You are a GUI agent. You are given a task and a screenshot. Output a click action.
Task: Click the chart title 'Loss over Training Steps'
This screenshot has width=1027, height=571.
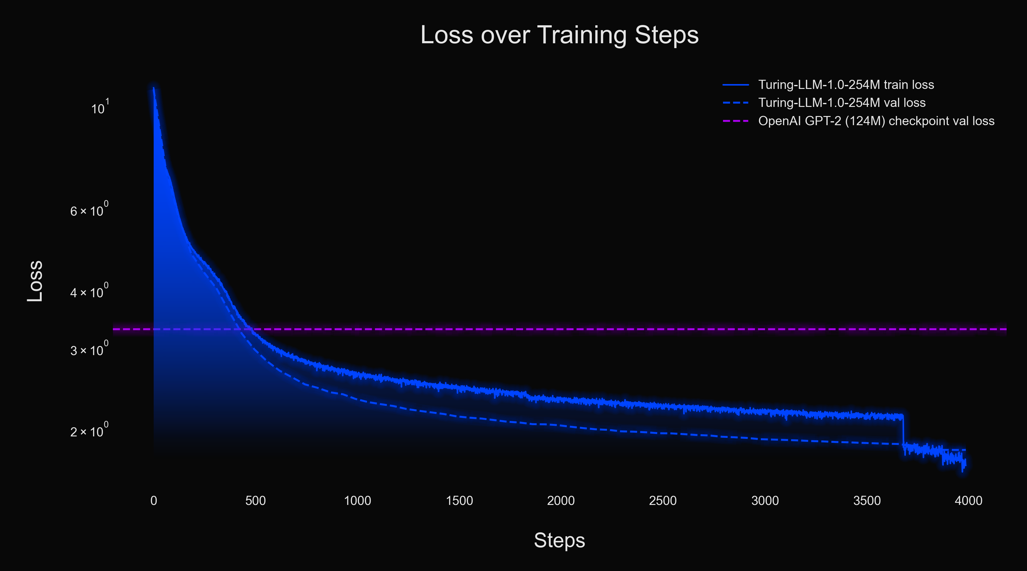[x=559, y=35]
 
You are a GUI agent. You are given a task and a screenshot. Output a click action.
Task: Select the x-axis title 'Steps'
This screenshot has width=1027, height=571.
[x=559, y=540]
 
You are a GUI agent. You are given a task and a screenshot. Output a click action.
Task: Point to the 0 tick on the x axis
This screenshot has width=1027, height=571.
[x=153, y=500]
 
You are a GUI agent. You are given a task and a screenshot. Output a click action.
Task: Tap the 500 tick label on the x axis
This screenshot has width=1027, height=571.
[x=256, y=500]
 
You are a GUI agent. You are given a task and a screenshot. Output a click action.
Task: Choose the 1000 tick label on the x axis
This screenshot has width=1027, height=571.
[x=357, y=500]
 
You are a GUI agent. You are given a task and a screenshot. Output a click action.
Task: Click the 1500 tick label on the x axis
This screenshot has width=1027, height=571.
[x=459, y=500]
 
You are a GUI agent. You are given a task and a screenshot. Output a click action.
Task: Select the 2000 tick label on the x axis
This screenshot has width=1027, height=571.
[x=561, y=500]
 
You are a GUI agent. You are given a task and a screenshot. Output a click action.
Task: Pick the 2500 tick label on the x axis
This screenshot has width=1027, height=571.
[x=663, y=500]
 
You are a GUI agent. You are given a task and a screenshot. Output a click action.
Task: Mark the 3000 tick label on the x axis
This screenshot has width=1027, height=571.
[x=765, y=500]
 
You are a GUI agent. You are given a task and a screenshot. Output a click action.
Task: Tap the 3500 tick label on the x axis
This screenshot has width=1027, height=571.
[x=867, y=500]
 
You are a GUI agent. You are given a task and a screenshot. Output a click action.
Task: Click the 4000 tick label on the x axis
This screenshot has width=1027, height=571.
[x=968, y=500]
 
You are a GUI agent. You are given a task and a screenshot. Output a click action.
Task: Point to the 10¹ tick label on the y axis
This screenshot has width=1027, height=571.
[x=100, y=108]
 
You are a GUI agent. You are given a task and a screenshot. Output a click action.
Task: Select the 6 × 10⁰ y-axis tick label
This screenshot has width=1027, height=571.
[x=89, y=210]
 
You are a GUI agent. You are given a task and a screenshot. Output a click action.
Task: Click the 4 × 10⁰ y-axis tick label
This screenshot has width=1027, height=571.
[x=89, y=292]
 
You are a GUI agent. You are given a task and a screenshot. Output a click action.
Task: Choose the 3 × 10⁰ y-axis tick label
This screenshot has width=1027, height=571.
[x=89, y=350]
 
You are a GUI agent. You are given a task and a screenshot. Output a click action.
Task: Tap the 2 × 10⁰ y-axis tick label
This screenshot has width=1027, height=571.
[x=89, y=431]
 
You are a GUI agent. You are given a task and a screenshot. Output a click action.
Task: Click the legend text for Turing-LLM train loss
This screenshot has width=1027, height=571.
[x=846, y=85]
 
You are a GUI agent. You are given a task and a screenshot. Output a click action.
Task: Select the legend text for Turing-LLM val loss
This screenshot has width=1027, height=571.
[x=842, y=103]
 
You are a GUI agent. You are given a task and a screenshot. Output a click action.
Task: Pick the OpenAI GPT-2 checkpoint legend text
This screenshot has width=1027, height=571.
[x=876, y=121]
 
